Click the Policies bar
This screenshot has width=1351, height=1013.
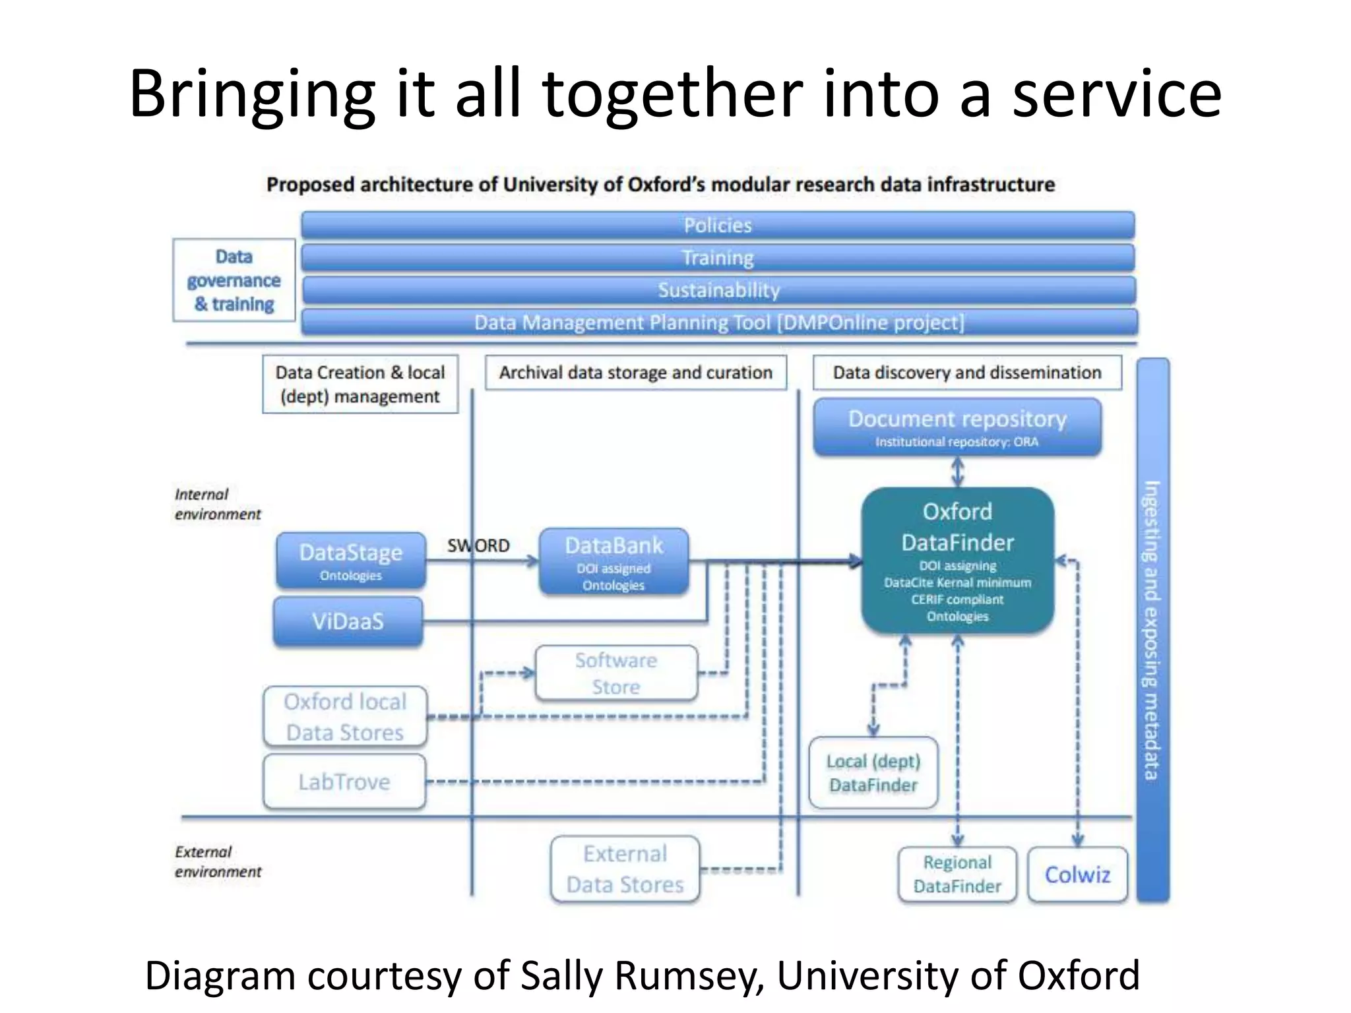click(718, 226)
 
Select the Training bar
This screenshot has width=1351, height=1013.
click(718, 258)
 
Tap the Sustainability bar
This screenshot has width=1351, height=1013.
click(718, 290)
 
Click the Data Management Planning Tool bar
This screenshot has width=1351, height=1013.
click(719, 322)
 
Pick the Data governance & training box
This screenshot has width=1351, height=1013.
click(234, 280)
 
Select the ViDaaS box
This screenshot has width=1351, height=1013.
click(348, 621)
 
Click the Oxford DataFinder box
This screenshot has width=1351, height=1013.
click(957, 561)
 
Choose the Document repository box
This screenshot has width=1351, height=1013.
click(957, 427)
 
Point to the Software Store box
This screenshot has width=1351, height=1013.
click(616, 673)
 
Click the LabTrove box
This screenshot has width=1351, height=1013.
click(344, 782)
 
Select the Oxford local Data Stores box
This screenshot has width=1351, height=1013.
click(345, 717)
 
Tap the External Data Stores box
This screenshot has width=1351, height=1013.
click(625, 869)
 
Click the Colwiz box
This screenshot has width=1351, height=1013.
click(1077, 875)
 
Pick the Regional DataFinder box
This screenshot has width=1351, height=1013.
click(957, 875)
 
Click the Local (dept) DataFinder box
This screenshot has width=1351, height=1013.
click(873, 773)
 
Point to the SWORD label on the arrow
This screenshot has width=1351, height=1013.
click(478, 546)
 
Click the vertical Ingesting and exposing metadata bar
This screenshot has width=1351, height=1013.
click(1152, 630)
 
